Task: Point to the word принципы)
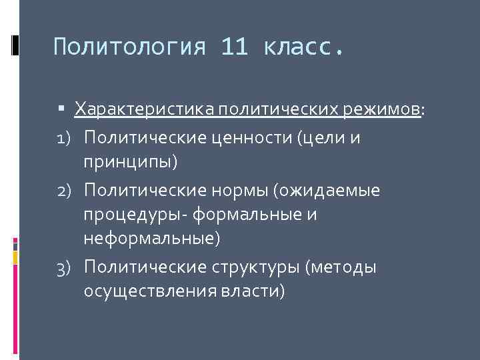(131, 161)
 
